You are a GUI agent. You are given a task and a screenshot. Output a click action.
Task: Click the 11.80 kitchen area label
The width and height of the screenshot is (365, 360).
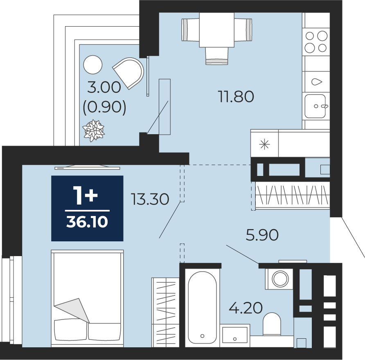(x=236, y=97)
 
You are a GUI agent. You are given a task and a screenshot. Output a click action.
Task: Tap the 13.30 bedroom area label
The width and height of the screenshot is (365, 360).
(x=150, y=199)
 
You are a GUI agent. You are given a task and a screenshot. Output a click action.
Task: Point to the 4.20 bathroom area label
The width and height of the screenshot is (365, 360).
(x=246, y=308)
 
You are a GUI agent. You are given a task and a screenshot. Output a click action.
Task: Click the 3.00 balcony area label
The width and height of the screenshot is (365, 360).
(x=104, y=88)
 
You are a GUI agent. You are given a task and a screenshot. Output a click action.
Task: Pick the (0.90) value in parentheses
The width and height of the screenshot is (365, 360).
(x=104, y=107)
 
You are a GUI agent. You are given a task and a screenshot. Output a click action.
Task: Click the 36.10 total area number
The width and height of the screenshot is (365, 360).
(x=87, y=222)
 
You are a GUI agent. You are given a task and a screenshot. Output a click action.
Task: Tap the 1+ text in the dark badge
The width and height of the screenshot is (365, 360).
(x=85, y=196)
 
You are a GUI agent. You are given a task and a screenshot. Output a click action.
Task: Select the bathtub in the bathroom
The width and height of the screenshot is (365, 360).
(x=202, y=307)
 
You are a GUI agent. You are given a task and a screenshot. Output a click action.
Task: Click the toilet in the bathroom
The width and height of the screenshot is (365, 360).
(x=272, y=324)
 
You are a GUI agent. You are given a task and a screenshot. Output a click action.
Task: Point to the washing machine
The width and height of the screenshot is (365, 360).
(x=279, y=279)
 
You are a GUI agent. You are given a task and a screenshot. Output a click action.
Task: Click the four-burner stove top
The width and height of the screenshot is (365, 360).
(x=316, y=42)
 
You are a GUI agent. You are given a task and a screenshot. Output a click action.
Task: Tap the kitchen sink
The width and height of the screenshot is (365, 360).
(x=315, y=106)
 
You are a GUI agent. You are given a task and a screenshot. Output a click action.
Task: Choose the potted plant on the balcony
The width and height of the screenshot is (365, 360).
(x=94, y=130)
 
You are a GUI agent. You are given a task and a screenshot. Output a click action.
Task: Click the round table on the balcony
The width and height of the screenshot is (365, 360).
(x=92, y=65)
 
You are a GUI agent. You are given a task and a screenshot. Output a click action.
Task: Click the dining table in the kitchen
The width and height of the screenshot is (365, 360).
(x=217, y=30)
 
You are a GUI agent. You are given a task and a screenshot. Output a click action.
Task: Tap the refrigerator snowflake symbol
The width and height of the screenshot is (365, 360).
(x=265, y=145)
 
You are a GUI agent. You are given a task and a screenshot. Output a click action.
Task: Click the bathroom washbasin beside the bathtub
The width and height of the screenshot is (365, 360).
(x=234, y=335)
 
